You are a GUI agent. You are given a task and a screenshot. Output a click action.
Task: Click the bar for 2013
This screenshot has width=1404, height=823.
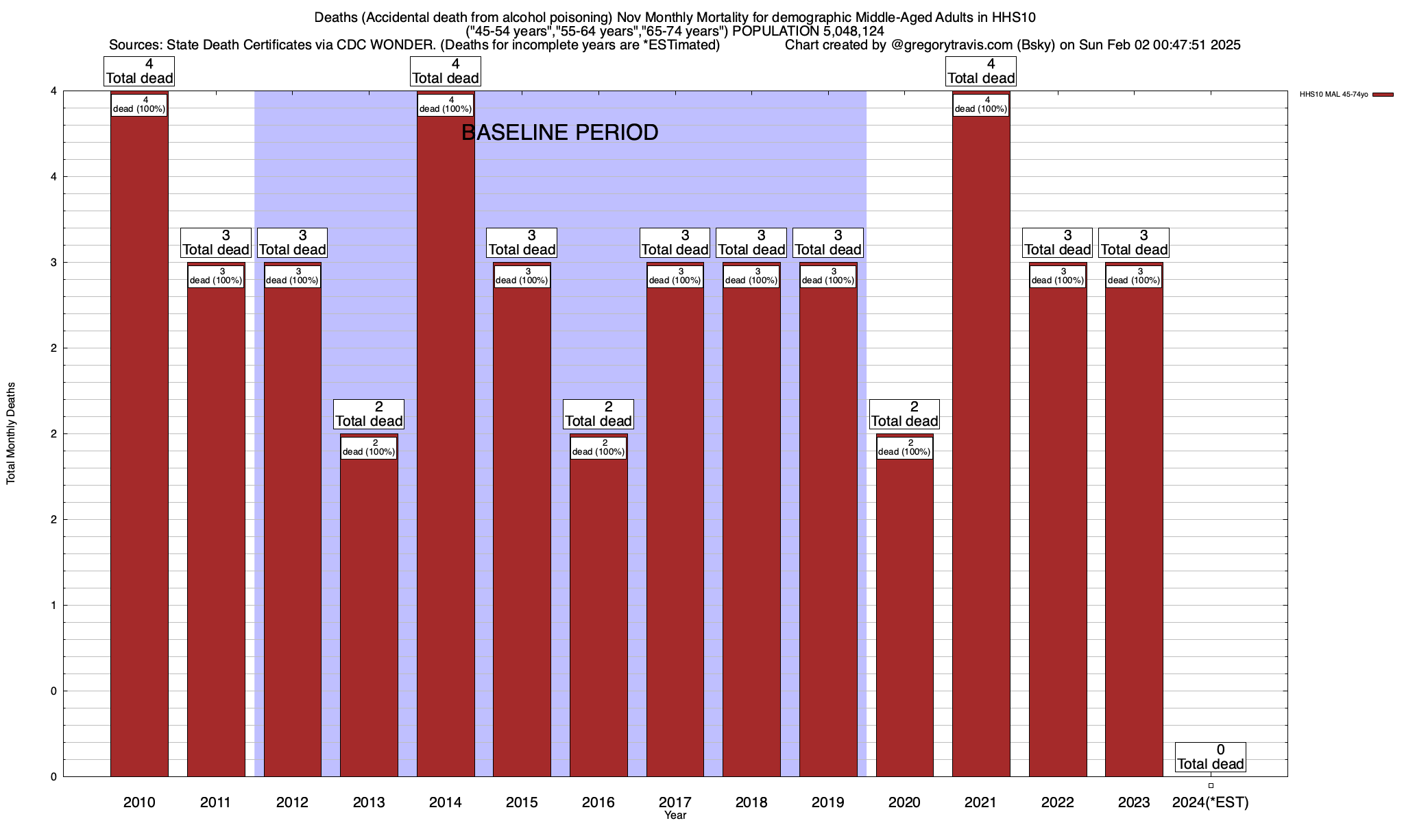pos(369,617)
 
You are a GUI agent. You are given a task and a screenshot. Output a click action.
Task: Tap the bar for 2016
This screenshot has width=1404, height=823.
pos(598,617)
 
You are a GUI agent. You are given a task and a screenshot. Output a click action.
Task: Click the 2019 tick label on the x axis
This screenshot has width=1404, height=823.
pos(828,802)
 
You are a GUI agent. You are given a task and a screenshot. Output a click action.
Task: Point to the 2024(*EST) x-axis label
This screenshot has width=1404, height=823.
pos(1211,802)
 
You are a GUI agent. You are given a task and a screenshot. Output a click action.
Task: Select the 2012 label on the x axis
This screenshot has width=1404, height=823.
pos(292,802)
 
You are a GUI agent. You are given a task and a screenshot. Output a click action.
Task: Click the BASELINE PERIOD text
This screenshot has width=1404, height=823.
pos(559,132)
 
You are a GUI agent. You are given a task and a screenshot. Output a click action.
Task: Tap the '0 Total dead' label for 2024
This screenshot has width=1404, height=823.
pos(1211,757)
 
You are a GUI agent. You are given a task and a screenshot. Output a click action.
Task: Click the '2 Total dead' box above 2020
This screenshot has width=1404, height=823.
pos(904,414)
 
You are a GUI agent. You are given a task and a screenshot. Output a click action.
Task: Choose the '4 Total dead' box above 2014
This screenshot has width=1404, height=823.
pos(446,71)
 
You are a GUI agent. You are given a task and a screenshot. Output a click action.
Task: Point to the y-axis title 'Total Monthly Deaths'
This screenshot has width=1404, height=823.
pos(11,433)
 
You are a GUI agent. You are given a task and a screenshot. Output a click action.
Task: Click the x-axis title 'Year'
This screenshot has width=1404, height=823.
pos(675,815)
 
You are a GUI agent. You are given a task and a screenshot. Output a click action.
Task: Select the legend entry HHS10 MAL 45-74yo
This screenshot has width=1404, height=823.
pos(1333,95)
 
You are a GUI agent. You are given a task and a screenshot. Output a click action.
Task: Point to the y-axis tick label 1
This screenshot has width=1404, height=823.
pos(53,605)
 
